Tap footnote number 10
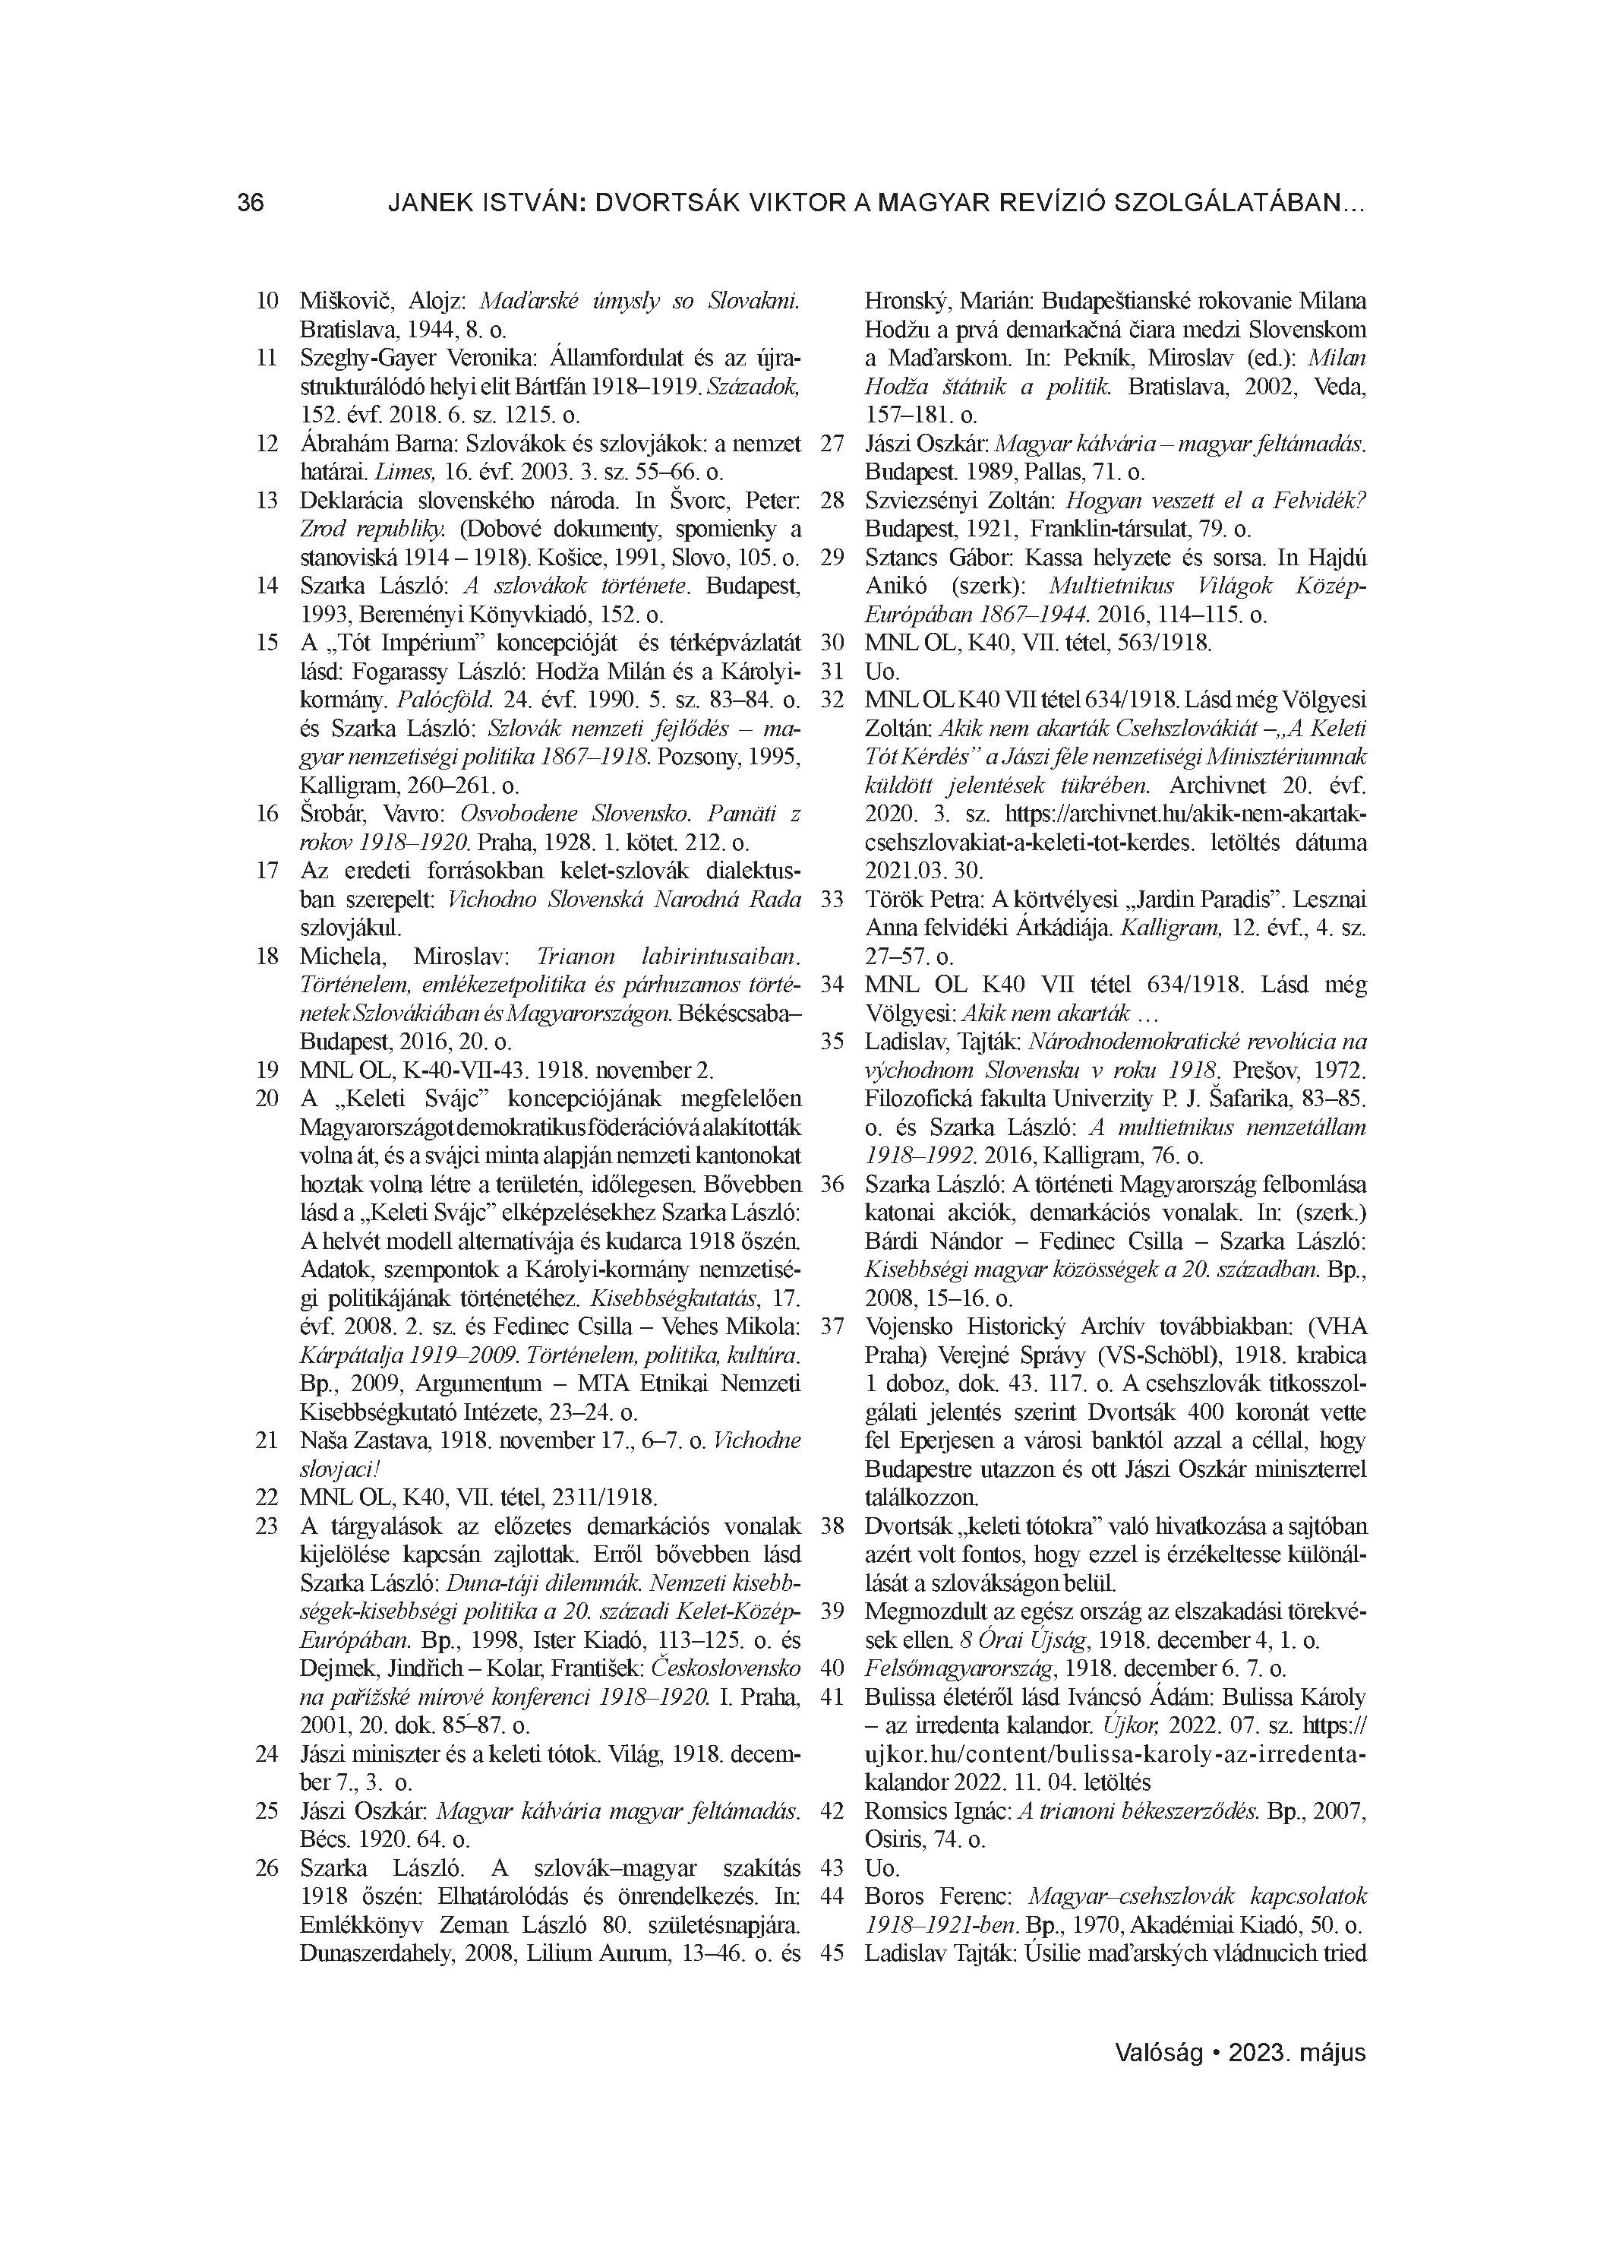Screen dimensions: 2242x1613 point(267,301)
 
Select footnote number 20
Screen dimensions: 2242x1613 point(267,1099)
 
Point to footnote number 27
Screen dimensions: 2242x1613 point(832,444)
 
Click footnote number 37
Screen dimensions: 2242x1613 point(832,1327)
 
